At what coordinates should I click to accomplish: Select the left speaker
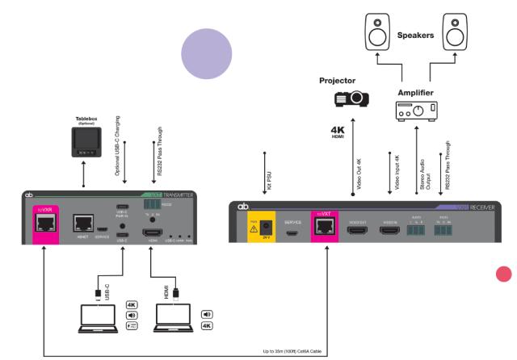(377, 30)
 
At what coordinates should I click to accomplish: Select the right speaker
(461, 30)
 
